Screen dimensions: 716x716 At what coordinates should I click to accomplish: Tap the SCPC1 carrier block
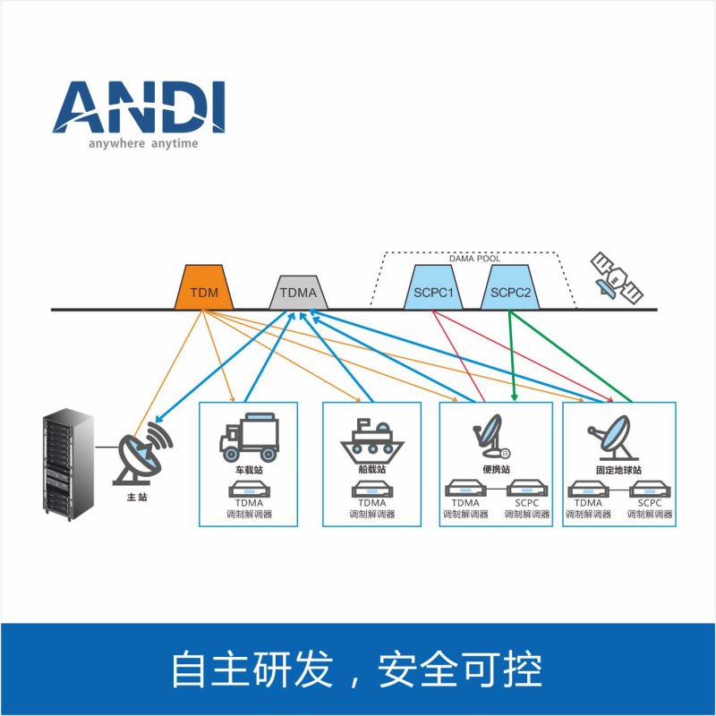433,290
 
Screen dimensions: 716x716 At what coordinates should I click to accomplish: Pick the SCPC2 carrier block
511,290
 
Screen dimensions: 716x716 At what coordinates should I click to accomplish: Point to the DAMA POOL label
474,259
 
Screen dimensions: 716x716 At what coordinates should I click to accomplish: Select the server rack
69,463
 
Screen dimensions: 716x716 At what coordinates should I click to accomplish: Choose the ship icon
371,439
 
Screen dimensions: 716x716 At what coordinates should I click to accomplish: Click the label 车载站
250,469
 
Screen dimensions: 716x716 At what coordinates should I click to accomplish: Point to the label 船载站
371,469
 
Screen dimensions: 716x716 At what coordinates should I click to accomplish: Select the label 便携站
493,469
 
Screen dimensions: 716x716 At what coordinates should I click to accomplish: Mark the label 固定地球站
618,469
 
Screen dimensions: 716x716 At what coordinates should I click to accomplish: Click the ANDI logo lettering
139,108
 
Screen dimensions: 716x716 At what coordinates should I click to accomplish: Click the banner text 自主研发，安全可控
357,669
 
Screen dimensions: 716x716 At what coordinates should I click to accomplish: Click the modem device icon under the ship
371,490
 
